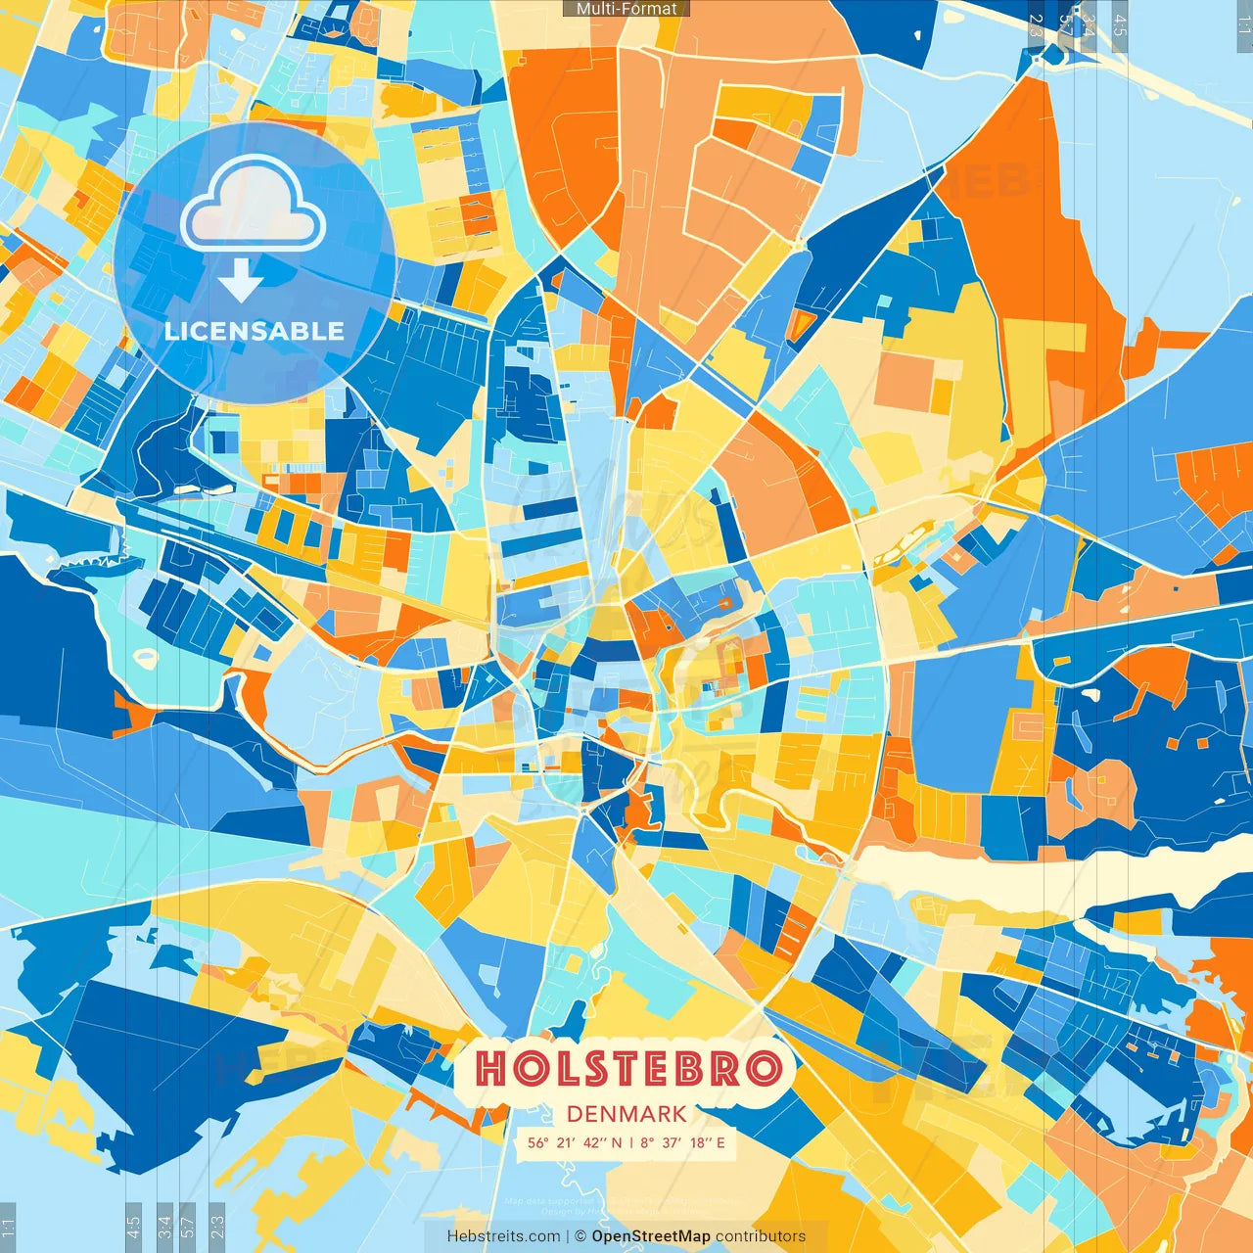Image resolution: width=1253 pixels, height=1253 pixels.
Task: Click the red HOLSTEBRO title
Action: [x=627, y=1068]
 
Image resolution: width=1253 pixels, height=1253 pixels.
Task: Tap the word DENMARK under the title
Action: [x=626, y=1114]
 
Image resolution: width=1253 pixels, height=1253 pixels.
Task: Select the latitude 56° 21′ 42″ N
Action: [x=575, y=1142]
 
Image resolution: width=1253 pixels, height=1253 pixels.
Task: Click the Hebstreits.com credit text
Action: [x=503, y=1236]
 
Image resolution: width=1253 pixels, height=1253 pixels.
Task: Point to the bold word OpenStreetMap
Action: [x=651, y=1236]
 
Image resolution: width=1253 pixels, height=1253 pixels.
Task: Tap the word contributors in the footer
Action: [x=761, y=1236]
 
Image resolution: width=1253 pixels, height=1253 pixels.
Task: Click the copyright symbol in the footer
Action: [x=580, y=1236]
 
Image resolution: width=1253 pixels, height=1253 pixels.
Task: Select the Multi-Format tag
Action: [x=626, y=9]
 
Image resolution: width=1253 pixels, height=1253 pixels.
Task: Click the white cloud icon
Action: [x=253, y=205]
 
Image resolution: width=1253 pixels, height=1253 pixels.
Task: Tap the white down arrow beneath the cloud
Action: [x=241, y=280]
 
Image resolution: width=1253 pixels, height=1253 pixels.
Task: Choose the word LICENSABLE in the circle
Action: [x=255, y=331]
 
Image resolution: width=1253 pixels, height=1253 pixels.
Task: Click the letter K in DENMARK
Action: [x=677, y=1114]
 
